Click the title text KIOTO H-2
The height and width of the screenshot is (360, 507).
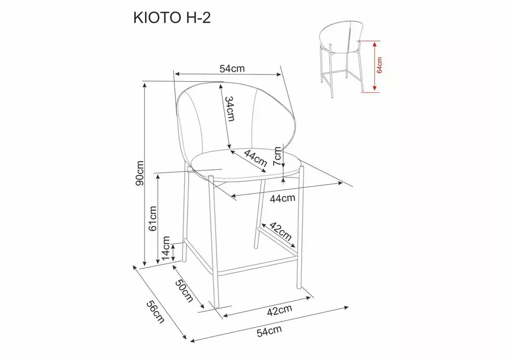click(x=172, y=18)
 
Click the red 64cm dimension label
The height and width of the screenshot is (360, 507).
click(x=379, y=65)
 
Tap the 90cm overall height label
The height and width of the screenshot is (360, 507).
click(x=140, y=173)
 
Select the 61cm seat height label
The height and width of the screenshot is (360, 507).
click(x=153, y=219)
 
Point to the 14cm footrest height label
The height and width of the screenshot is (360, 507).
click(x=166, y=248)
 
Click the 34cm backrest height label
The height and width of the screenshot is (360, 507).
click(x=230, y=109)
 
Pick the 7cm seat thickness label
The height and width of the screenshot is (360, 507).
click(x=277, y=156)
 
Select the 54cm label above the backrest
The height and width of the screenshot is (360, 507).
click(x=232, y=68)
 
